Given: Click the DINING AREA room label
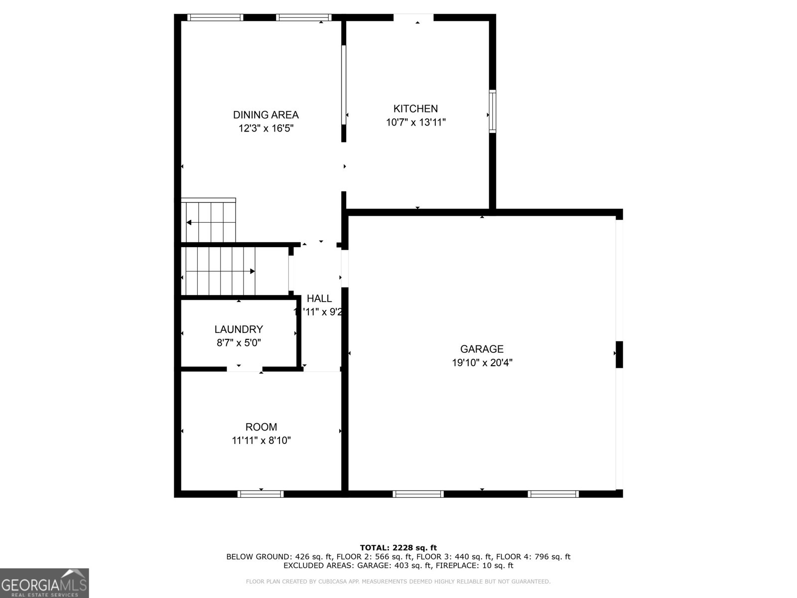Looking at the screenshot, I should click(x=266, y=115).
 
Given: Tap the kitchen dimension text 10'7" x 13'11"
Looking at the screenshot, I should click(x=415, y=122).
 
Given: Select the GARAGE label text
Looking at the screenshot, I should click(x=481, y=349).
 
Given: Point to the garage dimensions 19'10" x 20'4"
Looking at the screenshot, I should click(x=482, y=363).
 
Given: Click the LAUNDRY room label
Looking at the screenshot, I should click(x=239, y=329).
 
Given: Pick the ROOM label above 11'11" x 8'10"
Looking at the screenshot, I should click(x=261, y=427).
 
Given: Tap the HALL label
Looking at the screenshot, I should click(x=319, y=299).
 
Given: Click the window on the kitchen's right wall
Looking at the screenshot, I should click(x=492, y=111).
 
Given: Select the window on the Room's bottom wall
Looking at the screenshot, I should click(x=261, y=494).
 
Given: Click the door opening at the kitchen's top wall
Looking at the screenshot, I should click(x=413, y=18).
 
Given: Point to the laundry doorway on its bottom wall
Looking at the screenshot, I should click(x=245, y=369).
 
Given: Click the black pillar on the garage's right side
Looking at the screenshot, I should click(x=619, y=354).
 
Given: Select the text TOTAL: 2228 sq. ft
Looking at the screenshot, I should click(x=398, y=548).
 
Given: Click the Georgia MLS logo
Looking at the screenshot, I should click(x=44, y=583).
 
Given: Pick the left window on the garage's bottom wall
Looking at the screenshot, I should click(x=418, y=494).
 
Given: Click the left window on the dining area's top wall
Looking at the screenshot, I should click(x=215, y=17).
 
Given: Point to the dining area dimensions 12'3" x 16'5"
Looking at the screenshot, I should click(x=266, y=129).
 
